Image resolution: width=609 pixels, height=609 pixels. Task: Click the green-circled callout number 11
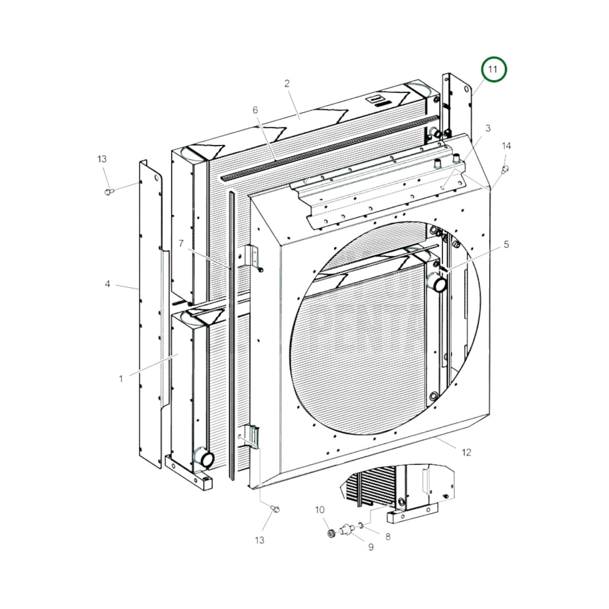493,69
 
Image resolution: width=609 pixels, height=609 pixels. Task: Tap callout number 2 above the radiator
287,83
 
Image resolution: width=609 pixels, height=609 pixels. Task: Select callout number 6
255,110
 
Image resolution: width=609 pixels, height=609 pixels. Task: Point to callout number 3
488,128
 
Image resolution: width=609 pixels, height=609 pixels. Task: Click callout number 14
506,146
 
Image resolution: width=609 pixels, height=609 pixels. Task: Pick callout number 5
506,244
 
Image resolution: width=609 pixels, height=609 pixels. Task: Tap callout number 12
466,452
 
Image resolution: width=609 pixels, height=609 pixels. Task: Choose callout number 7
181,244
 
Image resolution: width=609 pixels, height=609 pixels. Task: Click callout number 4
108,284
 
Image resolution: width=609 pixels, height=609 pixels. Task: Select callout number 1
121,378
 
